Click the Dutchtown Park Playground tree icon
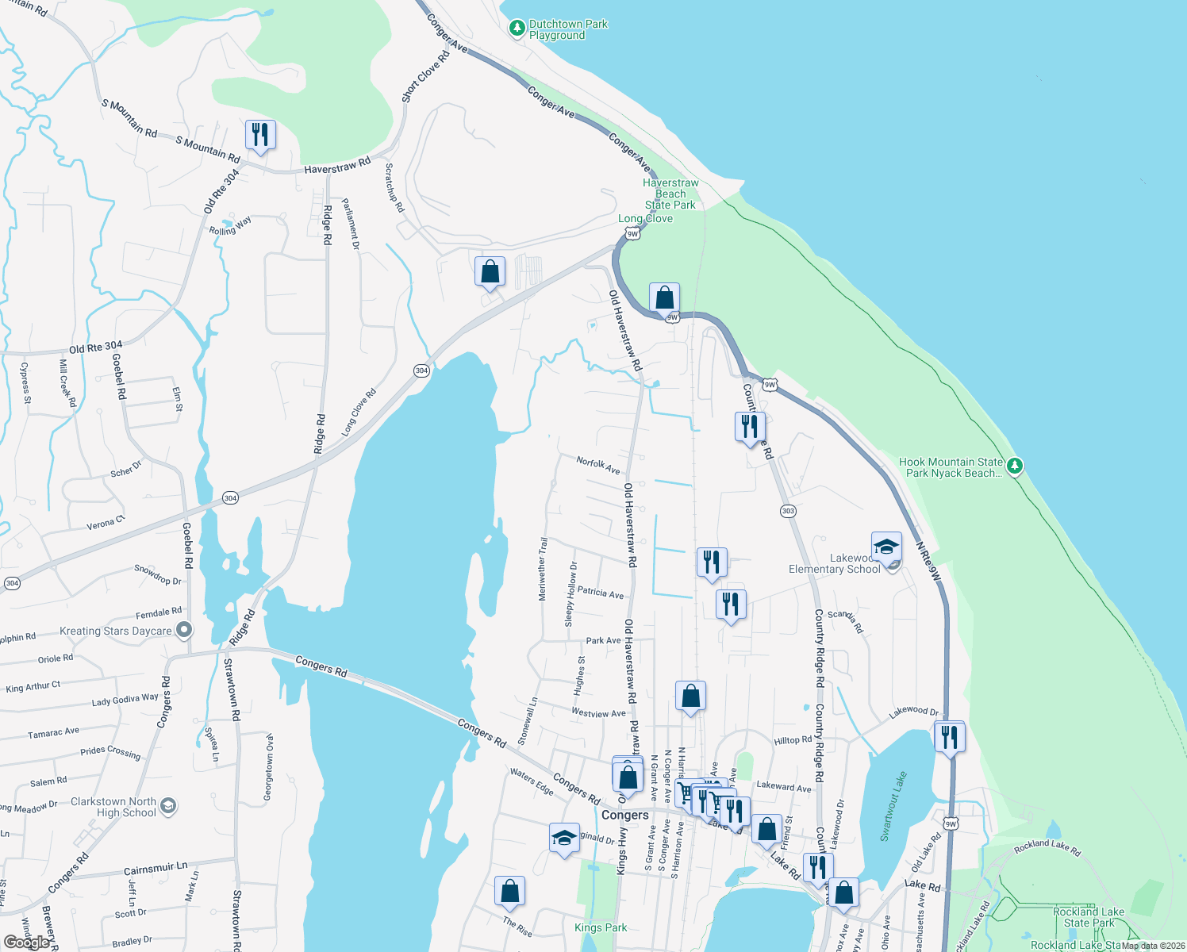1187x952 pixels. tap(517, 29)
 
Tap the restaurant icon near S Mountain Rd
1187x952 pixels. tap(259, 135)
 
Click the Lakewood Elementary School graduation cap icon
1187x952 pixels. tap(886, 547)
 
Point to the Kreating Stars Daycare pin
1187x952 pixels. tap(184, 631)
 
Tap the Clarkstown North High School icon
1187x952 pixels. tap(167, 807)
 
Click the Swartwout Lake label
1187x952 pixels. tap(893, 806)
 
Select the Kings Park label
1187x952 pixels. tap(601, 927)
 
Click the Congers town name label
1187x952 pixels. tap(624, 815)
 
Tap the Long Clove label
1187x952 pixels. tap(645, 218)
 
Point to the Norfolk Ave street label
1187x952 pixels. tap(598, 465)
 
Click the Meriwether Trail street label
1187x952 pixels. tap(543, 569)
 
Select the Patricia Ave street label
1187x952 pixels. tap(600, 593)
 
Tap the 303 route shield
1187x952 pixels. tap(788, 511)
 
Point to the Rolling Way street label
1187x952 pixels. tap(230, 226)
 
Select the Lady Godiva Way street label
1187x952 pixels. tap(125, 700)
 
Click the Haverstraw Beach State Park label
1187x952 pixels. tap(670, 194)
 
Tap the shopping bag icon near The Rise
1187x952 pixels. tap(509, 891)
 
